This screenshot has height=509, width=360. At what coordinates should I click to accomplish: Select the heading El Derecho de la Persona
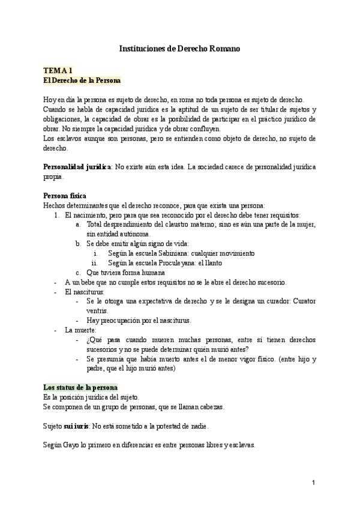click(x=82, y=80)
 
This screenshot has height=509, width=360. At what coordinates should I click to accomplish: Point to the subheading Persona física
click(x=65, y=196)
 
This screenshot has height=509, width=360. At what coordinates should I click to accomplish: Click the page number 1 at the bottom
click(x=313, y=483)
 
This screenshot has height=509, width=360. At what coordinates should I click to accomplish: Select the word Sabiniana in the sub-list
click(x=167, y=253)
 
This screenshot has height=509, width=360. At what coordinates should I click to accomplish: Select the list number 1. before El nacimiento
click(x=58, y=214)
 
